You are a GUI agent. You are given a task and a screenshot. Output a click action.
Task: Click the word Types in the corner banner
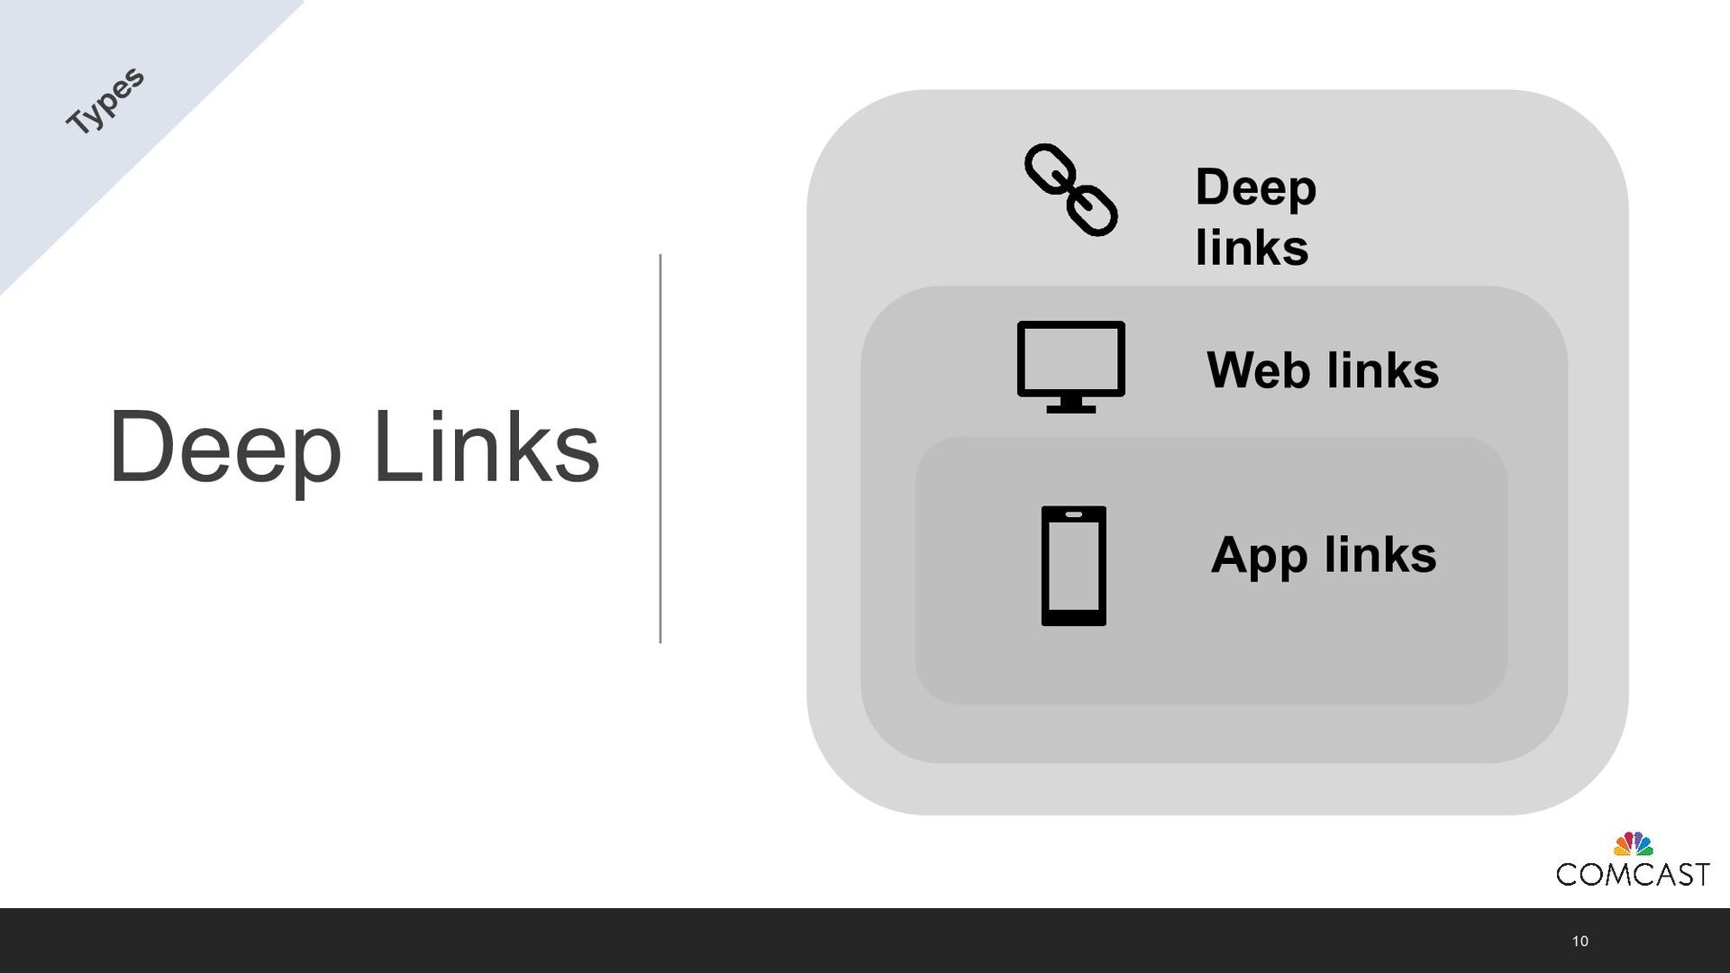tap(105, 101)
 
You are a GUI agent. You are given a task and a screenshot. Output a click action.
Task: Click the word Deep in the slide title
tap(224, 448)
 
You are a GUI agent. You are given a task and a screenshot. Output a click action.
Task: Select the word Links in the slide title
tap(486, 448)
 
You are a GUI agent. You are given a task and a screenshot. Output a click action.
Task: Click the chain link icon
tap(1070, 190)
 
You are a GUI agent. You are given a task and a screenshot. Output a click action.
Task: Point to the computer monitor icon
tap(1070, 366)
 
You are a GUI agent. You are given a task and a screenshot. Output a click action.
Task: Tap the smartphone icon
tap(1073, 566)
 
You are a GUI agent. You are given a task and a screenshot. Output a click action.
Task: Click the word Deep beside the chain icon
tap(1255, 187)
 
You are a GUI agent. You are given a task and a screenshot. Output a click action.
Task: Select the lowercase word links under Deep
tap(1252, 248)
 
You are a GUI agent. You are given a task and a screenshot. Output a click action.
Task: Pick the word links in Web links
tap(1383, 369)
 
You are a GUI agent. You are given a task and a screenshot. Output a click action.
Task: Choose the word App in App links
tap(1258, 555)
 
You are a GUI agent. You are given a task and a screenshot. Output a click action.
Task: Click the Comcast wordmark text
tap(1632, 874)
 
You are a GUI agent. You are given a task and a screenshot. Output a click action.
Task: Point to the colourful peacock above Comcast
tap(1633, 844)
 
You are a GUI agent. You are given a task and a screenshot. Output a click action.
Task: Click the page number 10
tap(1580, 941)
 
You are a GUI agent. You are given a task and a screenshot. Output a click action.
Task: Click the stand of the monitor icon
tap(1070, 405)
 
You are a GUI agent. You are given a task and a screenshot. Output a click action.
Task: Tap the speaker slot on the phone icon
tap(1073, 514)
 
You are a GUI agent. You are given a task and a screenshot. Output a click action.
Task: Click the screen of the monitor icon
tap(1070, 358)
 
